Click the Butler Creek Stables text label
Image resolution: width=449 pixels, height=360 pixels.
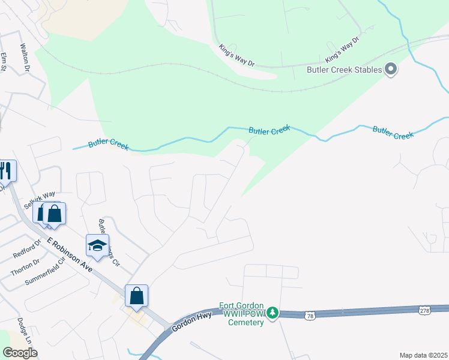(x=344, y=70)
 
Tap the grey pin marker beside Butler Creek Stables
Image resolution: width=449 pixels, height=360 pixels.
(x=391, y=70)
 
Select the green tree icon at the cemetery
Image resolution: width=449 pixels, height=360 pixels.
(x=272, y=313)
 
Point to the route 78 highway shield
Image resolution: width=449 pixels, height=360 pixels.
(x=310, y=314)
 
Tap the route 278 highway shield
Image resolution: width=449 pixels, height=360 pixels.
(x=425, y=310)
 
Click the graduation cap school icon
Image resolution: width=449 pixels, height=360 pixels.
(x=97, y=245)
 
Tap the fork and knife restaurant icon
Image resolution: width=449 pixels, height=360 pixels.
(x=7, y=170)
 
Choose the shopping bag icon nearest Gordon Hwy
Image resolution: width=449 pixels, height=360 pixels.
(x=136, y=296)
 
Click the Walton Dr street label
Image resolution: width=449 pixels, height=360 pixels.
(x=25, y=57)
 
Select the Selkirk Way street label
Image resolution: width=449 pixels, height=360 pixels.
(x=40, y=200)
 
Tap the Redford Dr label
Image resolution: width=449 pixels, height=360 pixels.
(x=26, y=249)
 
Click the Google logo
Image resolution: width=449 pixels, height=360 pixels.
(x=20, y=352)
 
